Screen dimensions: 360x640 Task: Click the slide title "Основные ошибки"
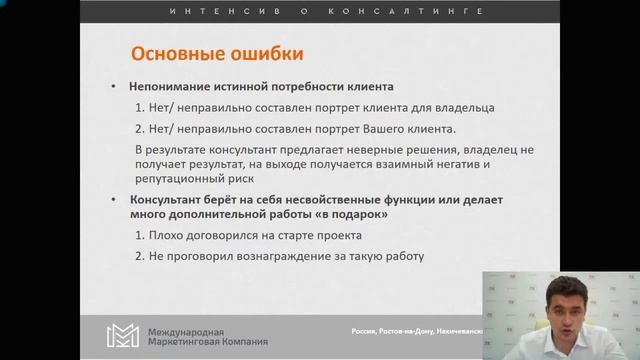click(x=210, y=52)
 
